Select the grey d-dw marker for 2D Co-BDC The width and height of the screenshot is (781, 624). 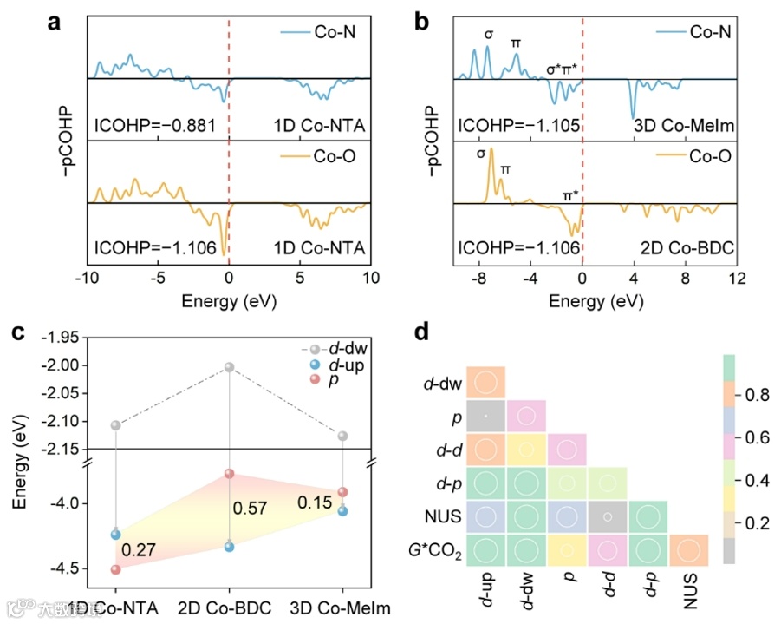tap(230, 367)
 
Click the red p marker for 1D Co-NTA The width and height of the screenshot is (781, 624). tap(115, 569)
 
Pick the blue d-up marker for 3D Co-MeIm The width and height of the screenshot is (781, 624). tap(343, 511)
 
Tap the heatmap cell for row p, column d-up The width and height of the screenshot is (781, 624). tap(486, 417)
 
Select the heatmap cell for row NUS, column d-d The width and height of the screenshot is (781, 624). tap(609, 516)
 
